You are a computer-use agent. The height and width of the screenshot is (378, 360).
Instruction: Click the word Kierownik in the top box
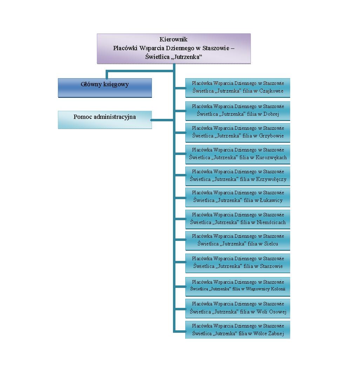[x=173, y=40]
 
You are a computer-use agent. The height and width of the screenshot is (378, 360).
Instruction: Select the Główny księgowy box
[x=105, y=87]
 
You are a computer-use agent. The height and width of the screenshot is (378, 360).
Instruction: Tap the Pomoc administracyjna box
[x=105, y=120]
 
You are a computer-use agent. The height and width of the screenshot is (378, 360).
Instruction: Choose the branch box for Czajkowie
[x=238, y=88]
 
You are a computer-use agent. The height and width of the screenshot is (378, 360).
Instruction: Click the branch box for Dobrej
[x=238, y=110]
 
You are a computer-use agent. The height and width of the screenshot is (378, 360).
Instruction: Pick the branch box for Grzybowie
[x=238, y=132]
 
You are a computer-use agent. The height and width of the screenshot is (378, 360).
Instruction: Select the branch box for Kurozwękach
[x=238, y=154]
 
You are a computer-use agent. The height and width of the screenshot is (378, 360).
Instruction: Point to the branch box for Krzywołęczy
[x=238, y=176]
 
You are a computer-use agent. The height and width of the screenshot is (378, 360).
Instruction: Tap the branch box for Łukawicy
[x=238, y=197]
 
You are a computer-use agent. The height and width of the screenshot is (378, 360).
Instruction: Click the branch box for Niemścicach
[x=238, y=219]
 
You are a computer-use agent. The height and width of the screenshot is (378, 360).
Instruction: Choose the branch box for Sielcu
[x=238, y=240]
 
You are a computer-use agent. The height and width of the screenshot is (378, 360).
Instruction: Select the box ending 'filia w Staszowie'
[x=238, y=263]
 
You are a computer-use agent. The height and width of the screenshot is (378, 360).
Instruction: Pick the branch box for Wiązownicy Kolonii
[x=238, y=286]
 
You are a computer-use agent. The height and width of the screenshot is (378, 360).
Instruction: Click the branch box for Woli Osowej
[x=238, y=308]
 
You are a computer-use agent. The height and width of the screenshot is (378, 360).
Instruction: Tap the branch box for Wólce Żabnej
[x=238, y=330]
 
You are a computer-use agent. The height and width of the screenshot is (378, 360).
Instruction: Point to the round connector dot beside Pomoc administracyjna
[x=151, y=120]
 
